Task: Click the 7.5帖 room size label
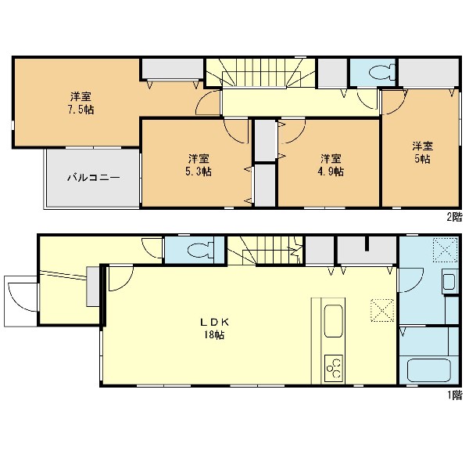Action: pyautogui.click(x=81, y=110)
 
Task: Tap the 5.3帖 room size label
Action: pyautogui.click(x=198, y=171)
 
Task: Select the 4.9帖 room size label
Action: pyautogui.click(x=331, y=171)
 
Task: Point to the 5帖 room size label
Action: pyautogui.click(x=422, y=159)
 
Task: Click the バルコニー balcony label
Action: pyautogui.click(x=93, y=178)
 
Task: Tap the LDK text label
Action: pyautogui.click(x=214, y=322)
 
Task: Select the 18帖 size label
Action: pyautogui.click(x=214, y=335)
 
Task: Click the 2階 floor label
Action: pyautogui.click(x=454, y=217)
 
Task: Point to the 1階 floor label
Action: pyautogui.click(x=455, y=395)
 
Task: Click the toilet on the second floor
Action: pyautogui.click(x=381, y=73)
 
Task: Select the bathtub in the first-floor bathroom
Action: pyautogui.click(x=429, y=370)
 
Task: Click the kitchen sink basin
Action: pyautogui.click(x=334, y=321)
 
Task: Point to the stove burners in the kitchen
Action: pyautogui.click(x=334, y=368)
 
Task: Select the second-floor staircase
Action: pyautogui.click(x=260, y=73)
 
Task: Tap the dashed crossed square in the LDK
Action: pyautogui.click(x=382, y=310)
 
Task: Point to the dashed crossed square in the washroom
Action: pyautogui.click(x=446, y=249)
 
